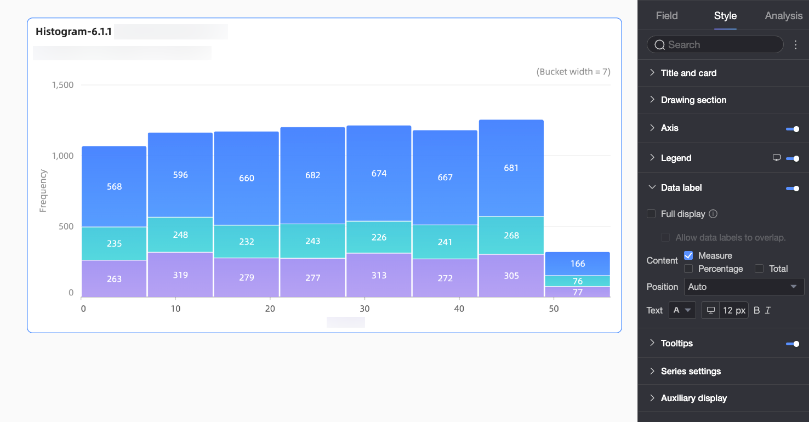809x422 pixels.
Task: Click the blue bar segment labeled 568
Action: click(x=114, y=187)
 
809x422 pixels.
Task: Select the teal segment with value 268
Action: click(x=511, y=235)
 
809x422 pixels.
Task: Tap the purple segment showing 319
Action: click(x=180, y=275)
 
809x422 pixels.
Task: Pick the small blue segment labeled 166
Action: click(x=578, y=264)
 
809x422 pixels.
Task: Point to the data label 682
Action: click(x=313, y=175)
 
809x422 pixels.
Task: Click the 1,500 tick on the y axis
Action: click(x=62, y=85)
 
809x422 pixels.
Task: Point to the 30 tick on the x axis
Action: click(x=364, y=309)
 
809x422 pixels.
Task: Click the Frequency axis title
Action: click(x=43, y=191)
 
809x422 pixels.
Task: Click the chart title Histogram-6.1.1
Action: click(x=73, y=32)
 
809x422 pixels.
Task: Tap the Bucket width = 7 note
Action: click(x=573, y=72)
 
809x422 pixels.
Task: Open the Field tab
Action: click(x=666, y=15)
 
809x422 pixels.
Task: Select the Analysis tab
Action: click(x=783, y=15)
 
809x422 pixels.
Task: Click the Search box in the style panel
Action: click(x=715, y=44)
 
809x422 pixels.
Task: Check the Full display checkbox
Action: click(x=651, y=214)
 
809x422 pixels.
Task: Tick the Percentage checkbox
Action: click(x=688, y=269)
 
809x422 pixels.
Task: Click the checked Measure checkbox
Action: click(x=688, y=255)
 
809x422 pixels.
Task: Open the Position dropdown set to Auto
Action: click(x=744, y=287)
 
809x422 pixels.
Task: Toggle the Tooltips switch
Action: click(x=793, y=344)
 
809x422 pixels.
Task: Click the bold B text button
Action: click(x=756, y=310)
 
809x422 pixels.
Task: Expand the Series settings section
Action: click(x=691, y=371)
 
